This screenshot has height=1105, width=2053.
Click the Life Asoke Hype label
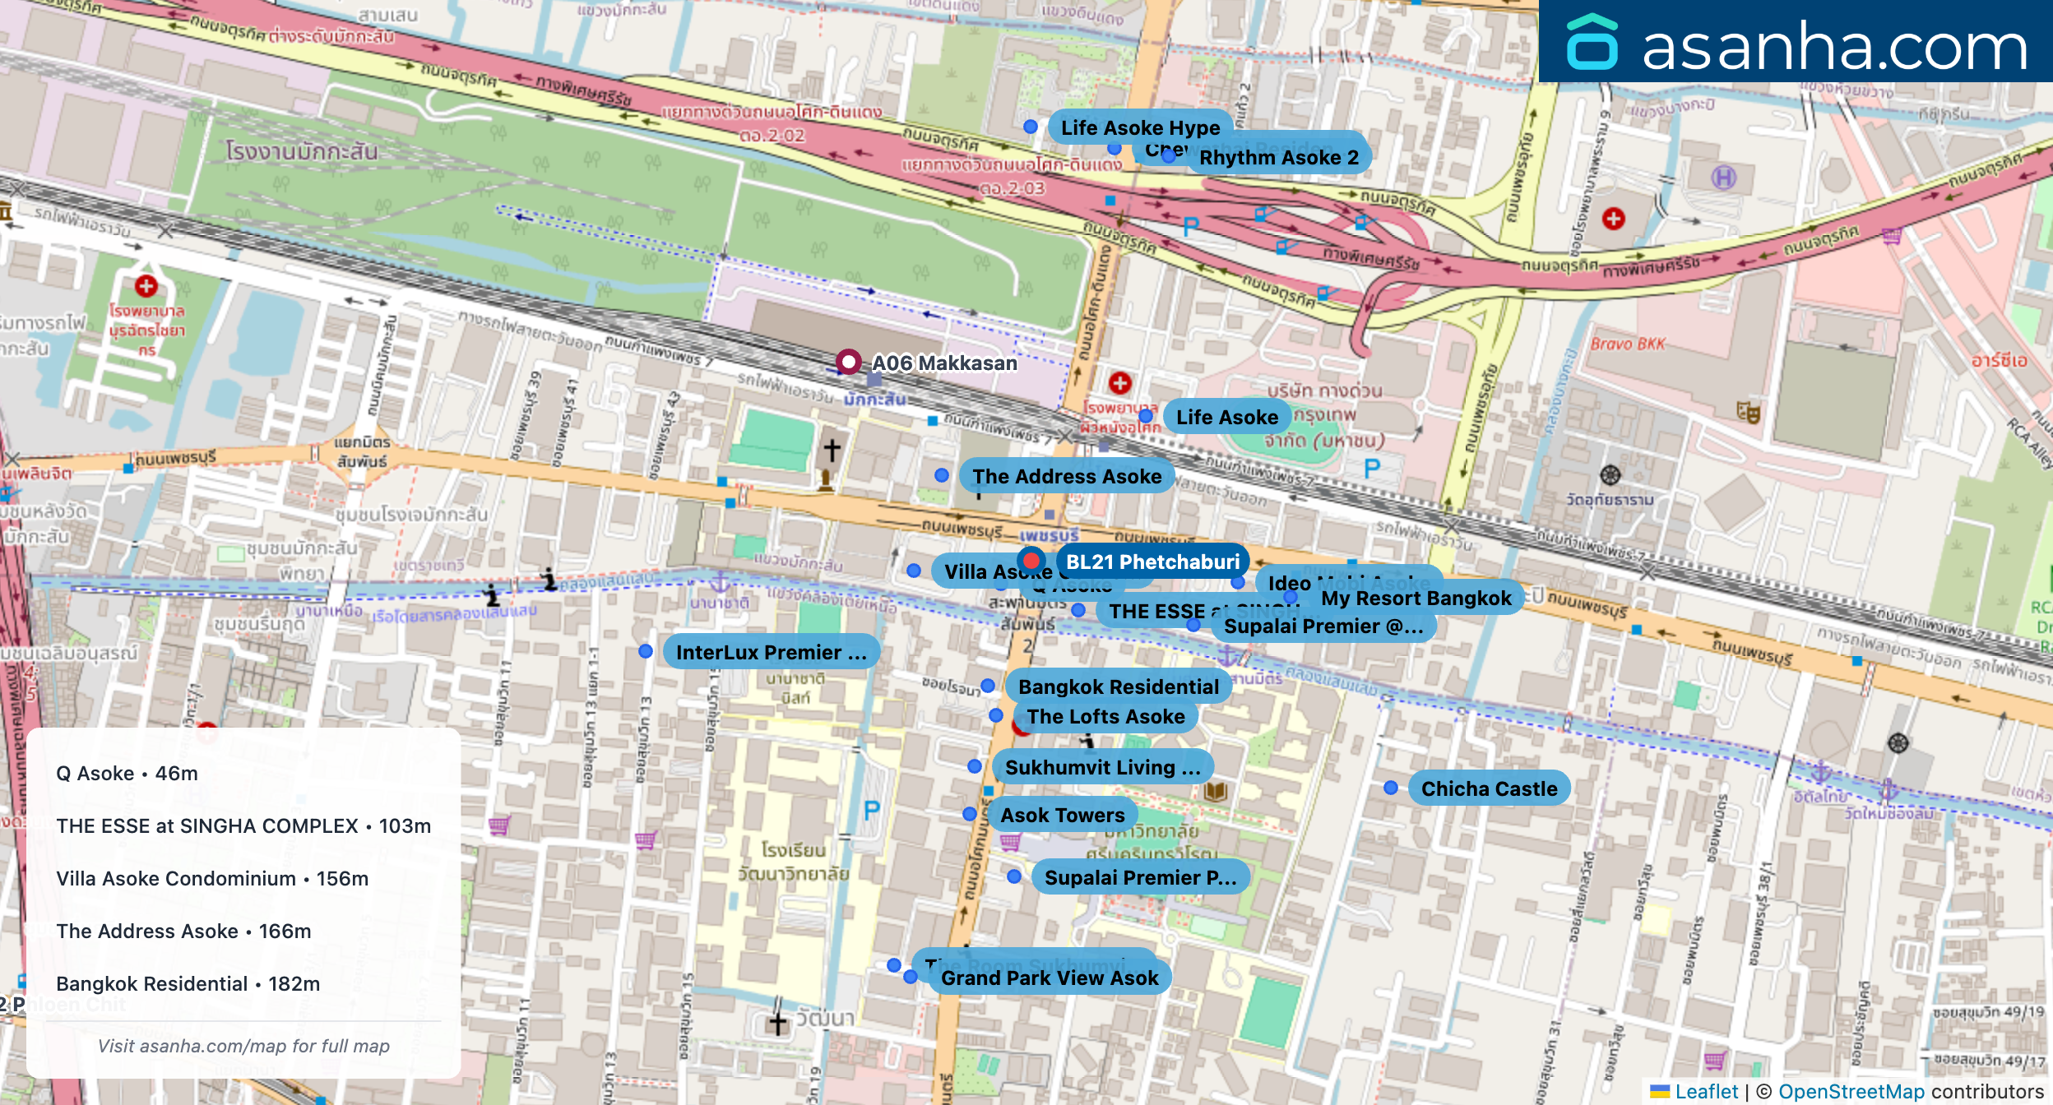tap(1140, 127)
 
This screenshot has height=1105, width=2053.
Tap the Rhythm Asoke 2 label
tap(1278, 157)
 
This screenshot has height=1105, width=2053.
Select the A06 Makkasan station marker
tap(848, 362)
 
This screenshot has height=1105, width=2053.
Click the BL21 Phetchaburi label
tap(1152, 562)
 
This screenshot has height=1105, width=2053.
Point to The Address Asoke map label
tap(1067, 476)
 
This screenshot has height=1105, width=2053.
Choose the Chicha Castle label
tap(1489, 788)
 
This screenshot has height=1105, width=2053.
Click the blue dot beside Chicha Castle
tap(1391, 788)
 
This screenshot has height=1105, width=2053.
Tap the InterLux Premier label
tap(771, 652)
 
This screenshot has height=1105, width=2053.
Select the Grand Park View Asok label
tap(1050, 978)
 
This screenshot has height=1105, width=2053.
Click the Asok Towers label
tap(1062, 815)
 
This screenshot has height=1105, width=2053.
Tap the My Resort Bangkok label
tap(1416, 598)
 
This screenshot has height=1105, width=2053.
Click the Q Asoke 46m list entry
tap(127, 773)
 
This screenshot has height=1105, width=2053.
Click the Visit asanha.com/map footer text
tap(243, 1046)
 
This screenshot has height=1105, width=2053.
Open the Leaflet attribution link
tap(1706, 1091)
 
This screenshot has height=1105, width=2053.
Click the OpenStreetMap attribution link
tap(1851, 1091)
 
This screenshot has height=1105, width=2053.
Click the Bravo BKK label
tap(1627, 344)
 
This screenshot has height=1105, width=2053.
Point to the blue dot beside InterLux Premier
tap(646, 651)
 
